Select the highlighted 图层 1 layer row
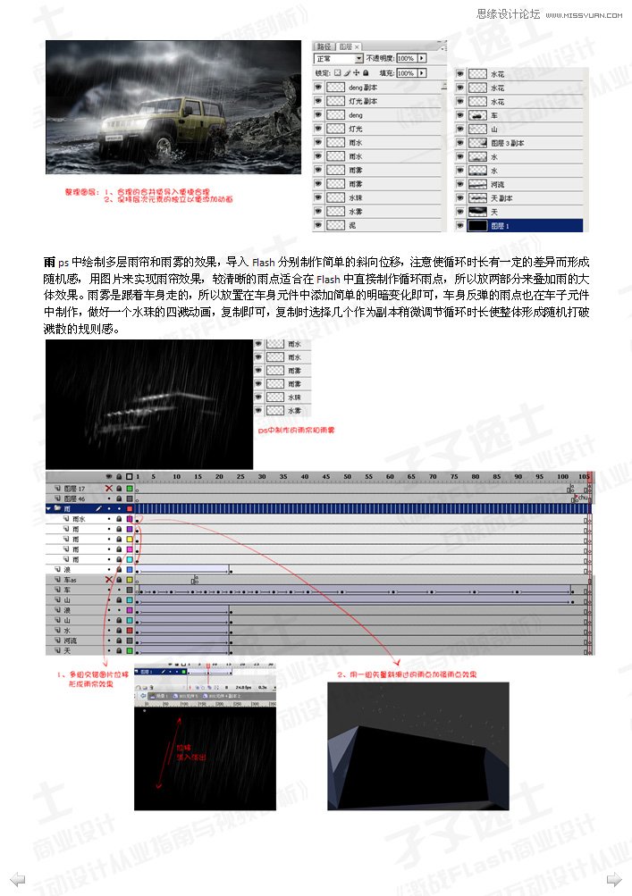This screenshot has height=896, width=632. click(x=518, y=226)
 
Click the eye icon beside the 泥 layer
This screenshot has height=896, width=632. click(x=318, y=226)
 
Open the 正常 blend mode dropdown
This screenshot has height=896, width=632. click(x=338, y=58)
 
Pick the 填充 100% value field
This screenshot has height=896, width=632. click(x=404, y=72)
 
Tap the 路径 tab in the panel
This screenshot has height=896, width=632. click(x=325, y=46)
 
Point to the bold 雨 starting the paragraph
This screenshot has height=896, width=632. click(x=49, y=263)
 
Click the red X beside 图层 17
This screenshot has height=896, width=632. click(x=109, y=489)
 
